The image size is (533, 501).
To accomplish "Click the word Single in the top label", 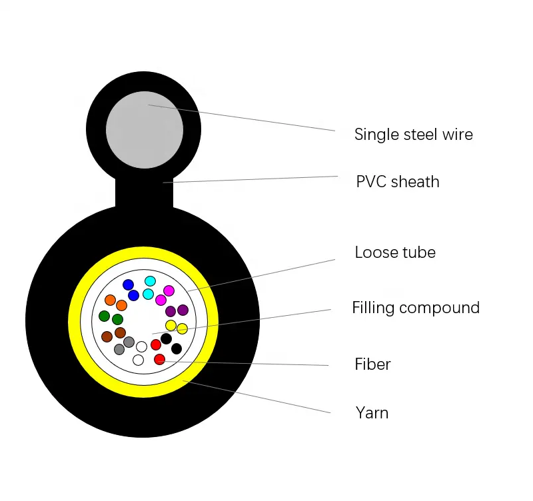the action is pos(376,135).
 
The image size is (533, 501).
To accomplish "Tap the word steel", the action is pos(420,135).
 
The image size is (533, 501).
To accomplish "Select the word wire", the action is pos(458,135).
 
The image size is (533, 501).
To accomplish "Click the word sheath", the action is pos(415,181).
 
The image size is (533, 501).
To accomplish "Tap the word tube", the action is pos(419,252).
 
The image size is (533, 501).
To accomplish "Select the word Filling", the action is pos(373,308).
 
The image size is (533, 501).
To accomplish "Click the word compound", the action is pos(439,308).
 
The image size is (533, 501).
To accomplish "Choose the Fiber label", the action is pos(372,364).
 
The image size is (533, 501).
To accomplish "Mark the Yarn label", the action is pos(372,413).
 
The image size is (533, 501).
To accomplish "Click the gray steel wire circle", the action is pos(145,130).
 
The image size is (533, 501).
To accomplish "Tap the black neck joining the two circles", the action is pos(144,192).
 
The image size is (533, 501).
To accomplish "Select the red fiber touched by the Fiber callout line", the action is pos(159,359).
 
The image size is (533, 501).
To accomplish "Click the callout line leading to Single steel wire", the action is pos(241,118).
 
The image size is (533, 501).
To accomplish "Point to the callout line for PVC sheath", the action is pos(251,179).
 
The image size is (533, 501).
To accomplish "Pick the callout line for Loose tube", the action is pos(261,275).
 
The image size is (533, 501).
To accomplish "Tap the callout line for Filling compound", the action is pos(241,322).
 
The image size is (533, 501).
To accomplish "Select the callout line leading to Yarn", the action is pos(257,397).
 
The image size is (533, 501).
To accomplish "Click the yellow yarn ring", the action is pos(143,252).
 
